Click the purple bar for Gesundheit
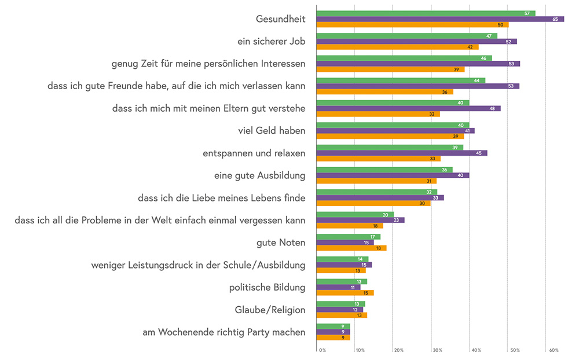[440, 19]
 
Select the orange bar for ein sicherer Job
[397, 47]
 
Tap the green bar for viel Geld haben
[393, 125]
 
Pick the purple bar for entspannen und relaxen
[402, 153]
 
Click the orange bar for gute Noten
[351, 248]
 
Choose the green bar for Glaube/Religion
[341, 304]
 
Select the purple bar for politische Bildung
[339, 287]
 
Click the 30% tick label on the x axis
[437, 350]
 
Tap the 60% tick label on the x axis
[554, 350]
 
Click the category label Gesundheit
[280, 19]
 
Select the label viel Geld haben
[272, 131]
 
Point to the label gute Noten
[281, 243]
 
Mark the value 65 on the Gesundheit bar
[555, 19]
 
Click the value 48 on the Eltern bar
[492, 108]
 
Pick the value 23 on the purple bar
[396, 220]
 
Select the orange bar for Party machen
[334, 337]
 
